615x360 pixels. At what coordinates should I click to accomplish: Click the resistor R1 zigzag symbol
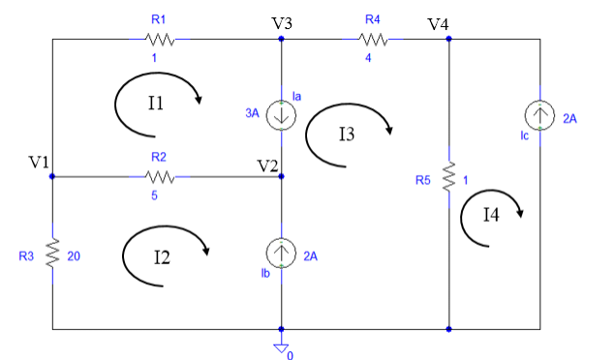coord(159,40)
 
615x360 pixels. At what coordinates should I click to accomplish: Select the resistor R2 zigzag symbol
coord(159,177)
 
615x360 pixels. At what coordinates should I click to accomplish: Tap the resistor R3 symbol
coord(52,253)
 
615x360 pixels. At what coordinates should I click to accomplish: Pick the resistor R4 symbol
coord(373,40)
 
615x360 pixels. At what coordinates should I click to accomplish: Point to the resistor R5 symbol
coord(449,178)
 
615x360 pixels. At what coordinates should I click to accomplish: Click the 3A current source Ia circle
coord(281,113)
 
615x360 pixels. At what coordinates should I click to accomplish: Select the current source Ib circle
coord(281,254)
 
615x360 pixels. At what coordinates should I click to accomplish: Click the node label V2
coord(267,164)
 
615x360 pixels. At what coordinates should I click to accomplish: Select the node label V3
coord(283,22)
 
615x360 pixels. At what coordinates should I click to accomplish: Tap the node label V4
coord(438,23)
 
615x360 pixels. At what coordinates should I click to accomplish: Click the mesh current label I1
coord(155,103)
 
